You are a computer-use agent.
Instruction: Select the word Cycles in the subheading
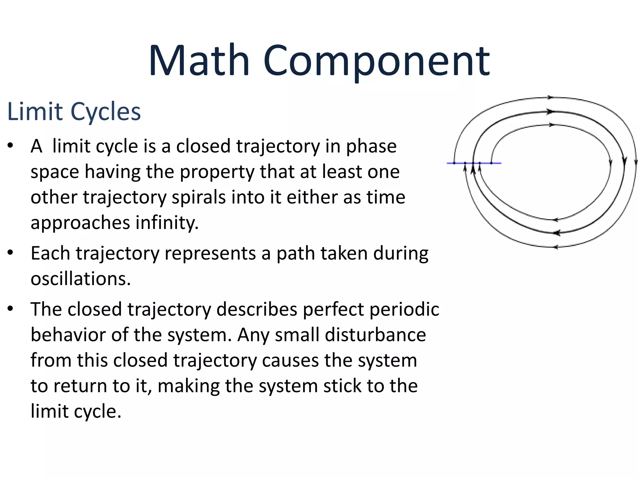[x=106, y=111]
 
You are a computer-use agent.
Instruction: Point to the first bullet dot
[x=11, y=145]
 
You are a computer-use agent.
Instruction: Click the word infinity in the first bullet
[x=167, y=223]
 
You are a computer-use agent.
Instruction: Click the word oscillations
[x=80, y=279]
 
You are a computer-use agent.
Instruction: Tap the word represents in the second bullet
[x=210, y=253]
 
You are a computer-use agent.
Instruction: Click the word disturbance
[x=375, y=335]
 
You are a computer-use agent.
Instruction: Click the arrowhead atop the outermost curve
[x=550, y=97]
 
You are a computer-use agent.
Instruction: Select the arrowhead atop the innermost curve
[x=551, y=125]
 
